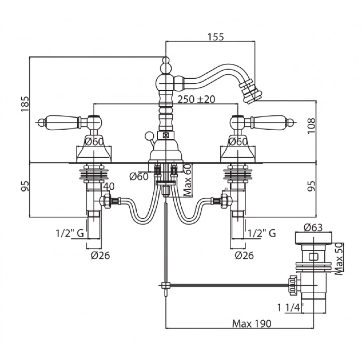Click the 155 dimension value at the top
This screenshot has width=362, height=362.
click(215, 37)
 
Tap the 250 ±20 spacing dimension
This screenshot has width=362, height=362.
click(196, 99)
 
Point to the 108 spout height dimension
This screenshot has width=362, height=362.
click(312, 126)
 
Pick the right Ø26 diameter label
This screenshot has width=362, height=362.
click(245, 256)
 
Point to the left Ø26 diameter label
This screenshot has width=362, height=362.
click(100, 256)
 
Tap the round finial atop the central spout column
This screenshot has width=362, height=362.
click(166, 60)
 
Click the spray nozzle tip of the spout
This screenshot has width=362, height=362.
click(253, 94)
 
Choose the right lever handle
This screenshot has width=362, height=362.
click(271, 122)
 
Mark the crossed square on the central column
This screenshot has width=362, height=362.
click(166, 135)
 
